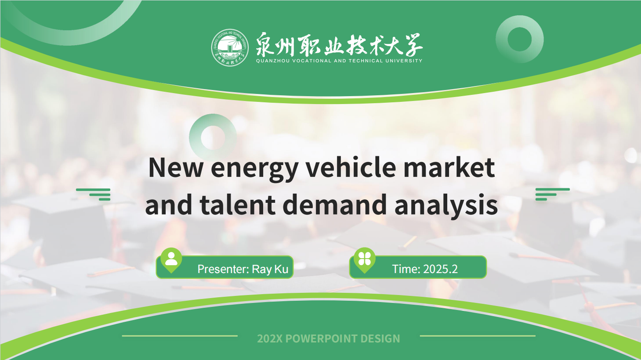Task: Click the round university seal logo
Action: pyautogui.click(x=230, y=47)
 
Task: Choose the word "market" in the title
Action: pyautogui.click(x=449, y=168)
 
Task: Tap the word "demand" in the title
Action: pyautogui.click(x=335, y=204)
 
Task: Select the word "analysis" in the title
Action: pyautogui.click(x=446, y=205)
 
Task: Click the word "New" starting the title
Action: pyautogui.click(x=176, y=168)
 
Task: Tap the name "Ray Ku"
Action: pyautogui.click(x=270, y=269)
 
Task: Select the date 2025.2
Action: pyautogui.click(x=440, y=269)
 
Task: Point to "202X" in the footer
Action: pyautogui.click(x=270, y=338)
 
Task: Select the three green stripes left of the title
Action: pyautogui.click(x=93, y=194)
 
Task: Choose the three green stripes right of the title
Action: pyautogui.click(x=553, y=194)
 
